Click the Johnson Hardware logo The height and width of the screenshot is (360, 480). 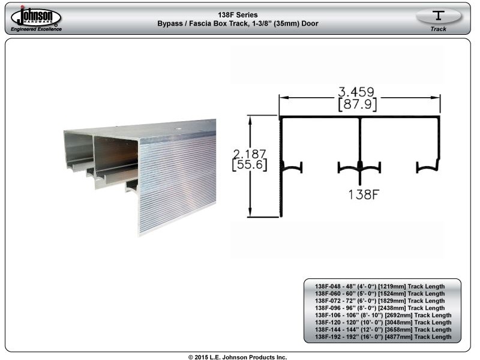[36, 16]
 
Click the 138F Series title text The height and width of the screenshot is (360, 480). [238, 14]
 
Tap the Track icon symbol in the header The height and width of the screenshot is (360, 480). [439, 16]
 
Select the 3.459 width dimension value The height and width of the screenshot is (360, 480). [356, 92]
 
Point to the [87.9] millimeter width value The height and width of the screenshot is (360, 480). [357, 104]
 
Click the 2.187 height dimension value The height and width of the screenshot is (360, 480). [250, 154]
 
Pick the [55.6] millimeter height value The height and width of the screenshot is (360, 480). [250, 164]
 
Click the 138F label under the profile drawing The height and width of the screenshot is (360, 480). [364, 194]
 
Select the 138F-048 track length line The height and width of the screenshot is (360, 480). [380, 287]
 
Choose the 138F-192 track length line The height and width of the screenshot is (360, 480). [383, 337]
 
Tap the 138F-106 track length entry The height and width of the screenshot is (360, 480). [383, 316]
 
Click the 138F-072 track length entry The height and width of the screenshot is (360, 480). [380, 301]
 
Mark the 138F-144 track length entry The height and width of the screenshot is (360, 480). [383, 329]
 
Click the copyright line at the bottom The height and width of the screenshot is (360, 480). [238, 357]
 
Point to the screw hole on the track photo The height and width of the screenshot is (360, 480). [177, 129]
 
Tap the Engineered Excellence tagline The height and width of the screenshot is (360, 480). [37, 29]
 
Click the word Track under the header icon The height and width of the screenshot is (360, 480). [439, 29]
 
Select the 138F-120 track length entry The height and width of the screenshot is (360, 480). [383, 323]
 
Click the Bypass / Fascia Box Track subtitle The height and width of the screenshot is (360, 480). [238, 23]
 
